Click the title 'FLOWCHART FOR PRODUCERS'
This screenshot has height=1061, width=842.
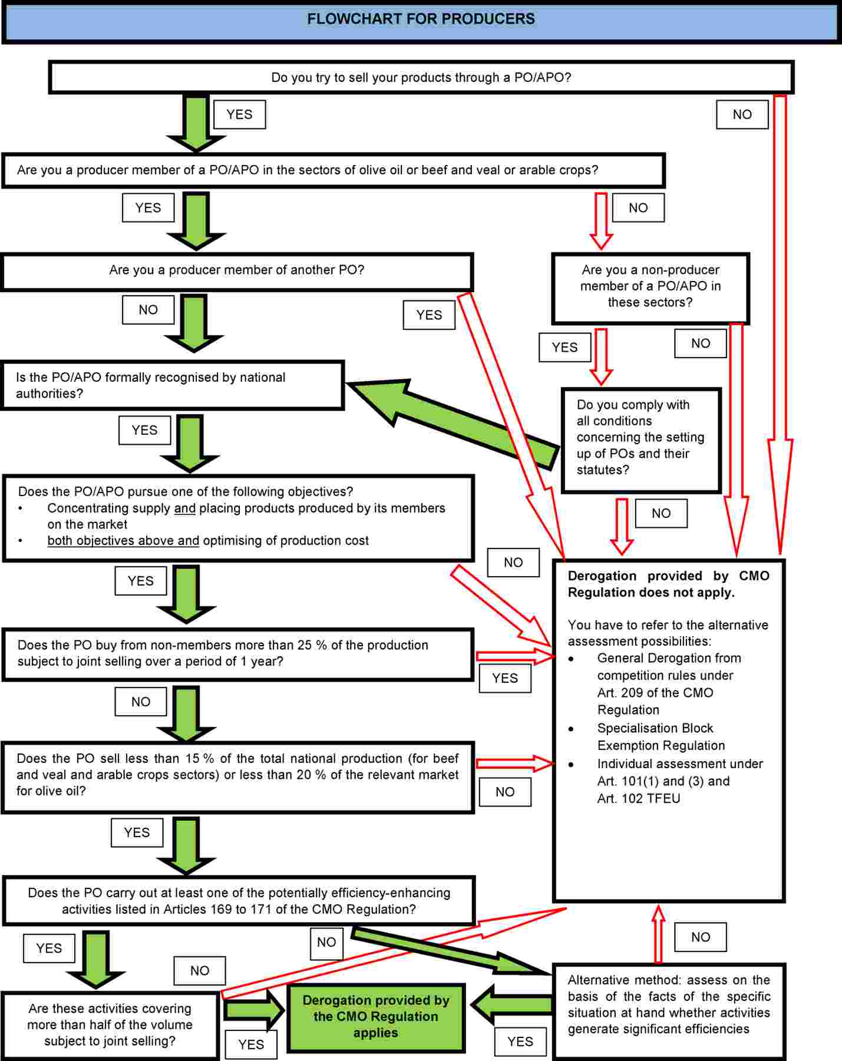(421, 19)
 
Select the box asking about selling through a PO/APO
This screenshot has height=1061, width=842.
(421, 77)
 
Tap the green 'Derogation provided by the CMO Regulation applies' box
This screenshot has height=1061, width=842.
(376, 1016)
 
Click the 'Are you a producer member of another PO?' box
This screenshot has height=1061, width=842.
(237, 270)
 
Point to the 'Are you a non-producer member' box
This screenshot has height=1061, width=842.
(651, 286)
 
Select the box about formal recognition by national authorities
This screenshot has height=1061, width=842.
(172, 385)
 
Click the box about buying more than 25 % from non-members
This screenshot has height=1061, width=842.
(237, 653)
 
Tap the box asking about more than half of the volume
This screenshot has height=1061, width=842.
(110, 1024)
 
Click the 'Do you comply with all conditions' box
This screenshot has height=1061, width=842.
(640, 438)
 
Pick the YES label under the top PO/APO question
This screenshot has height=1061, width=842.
(239, 114)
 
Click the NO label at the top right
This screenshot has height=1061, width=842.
(742, 114)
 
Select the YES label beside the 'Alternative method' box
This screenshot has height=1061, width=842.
(520, 1042)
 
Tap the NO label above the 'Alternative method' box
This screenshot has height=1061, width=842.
(700, 937)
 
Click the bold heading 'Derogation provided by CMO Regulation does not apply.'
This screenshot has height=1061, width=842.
(668, 584)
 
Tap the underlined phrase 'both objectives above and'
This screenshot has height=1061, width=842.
(123, 540)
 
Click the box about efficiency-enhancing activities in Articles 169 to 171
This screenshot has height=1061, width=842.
(239, 901)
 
